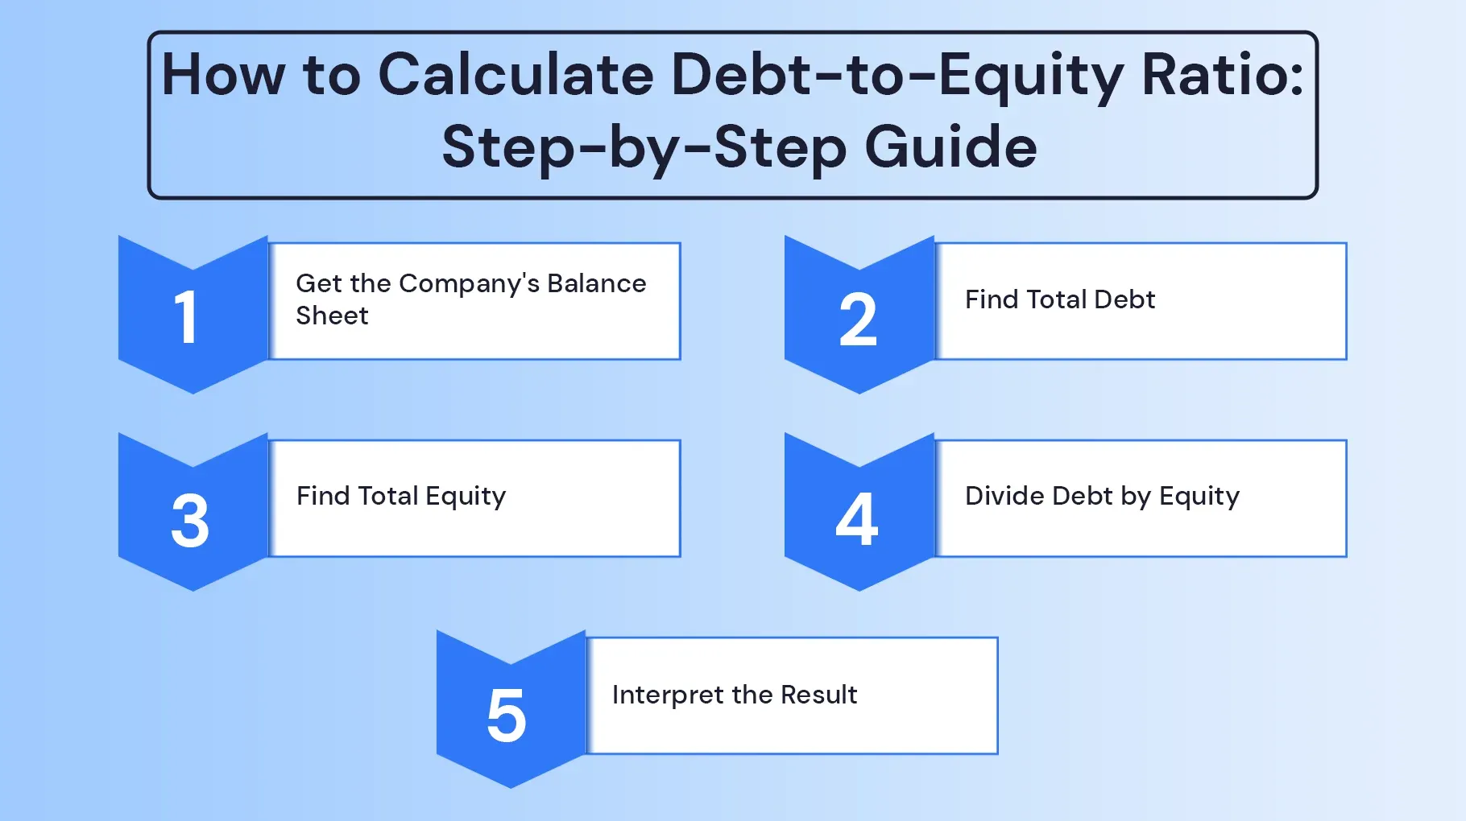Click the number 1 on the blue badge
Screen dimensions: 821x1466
(187, 317)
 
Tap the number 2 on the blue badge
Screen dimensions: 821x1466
(858, 320)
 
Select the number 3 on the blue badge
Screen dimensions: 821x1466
(190, 521)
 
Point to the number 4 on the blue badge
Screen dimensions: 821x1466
(857, 519)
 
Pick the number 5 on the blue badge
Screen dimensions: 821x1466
(507, 715)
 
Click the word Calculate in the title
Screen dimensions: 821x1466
(516, 75)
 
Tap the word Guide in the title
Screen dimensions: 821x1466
(950, 147)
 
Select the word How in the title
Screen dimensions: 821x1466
(223, 75)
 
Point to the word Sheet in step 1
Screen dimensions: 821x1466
(332, 316)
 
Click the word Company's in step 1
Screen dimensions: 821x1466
(469, 283)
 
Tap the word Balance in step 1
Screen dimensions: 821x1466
(596, 283)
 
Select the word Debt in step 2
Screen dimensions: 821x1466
(1124, 299)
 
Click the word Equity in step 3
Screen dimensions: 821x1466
(466, 497)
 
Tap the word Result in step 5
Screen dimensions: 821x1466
(818, 695)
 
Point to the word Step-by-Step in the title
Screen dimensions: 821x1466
(644, 147)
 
